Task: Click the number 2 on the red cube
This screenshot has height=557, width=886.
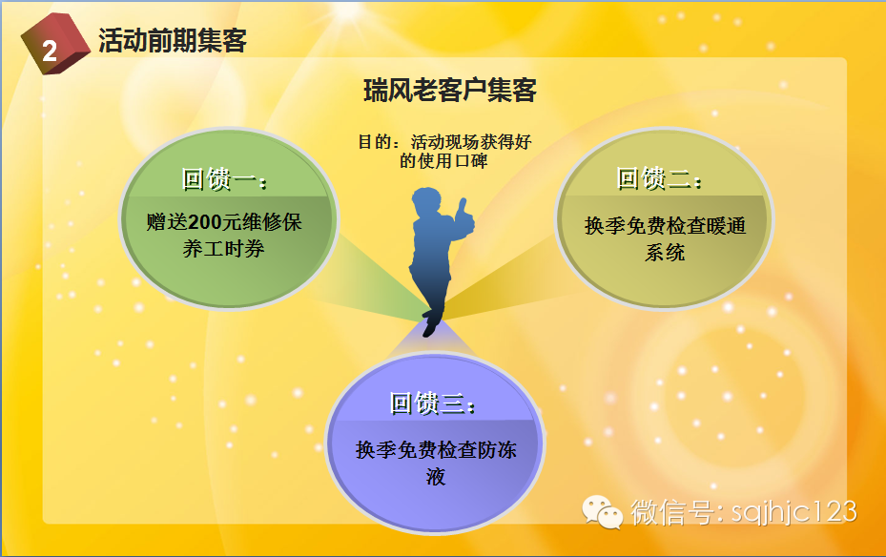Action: click(x=50, y=52)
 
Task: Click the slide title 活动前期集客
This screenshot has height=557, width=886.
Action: click(x=173, y=41)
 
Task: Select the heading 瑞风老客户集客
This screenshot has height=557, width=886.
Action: click(x=450, y=91)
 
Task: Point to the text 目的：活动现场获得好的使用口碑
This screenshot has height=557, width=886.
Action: click(x=444, y=152)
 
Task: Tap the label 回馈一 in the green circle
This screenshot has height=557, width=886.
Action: click(x=224, y=179)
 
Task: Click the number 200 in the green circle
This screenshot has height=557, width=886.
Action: click(x=204, y=222)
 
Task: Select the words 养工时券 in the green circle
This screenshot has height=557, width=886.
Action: click(x=224, y=249)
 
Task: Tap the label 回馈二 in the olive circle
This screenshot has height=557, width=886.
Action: click(x=659, y=178)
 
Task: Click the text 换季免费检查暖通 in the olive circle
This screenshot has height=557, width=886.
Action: click(x=665, y=226)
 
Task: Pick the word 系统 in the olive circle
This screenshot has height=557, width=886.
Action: click(x=665, y=253)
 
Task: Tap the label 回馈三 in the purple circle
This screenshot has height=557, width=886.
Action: click(x=432, y=403)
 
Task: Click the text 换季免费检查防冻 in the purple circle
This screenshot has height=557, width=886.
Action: click(x=436, y=450)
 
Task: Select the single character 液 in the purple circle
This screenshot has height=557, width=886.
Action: click(x=436, y=477)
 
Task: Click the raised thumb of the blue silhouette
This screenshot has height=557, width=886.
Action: click(x=463, y=205)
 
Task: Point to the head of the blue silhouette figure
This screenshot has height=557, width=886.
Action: click(x=426, y=201)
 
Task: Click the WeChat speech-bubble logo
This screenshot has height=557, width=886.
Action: click(x=603, y=512)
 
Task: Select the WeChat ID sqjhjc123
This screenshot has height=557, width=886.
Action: click(x=793, y=512)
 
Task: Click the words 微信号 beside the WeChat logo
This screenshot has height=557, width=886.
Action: click(x=671, y=512)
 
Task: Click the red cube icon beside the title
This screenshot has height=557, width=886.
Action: click(x=55, y=44)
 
